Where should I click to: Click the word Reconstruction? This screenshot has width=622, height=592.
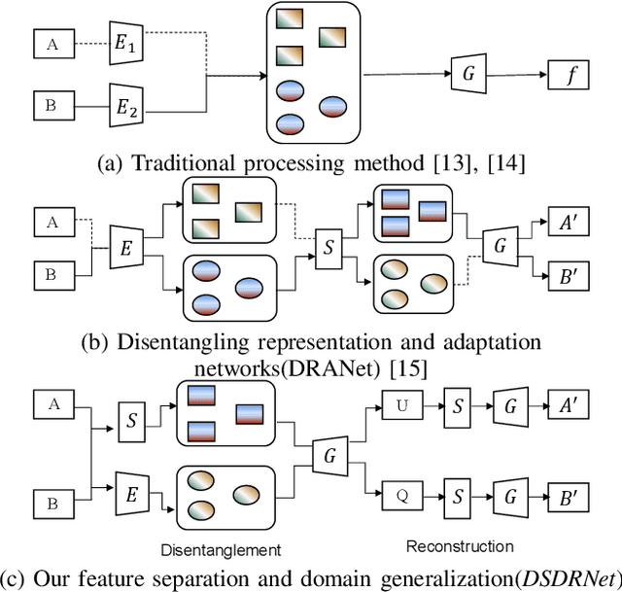pos(460,545)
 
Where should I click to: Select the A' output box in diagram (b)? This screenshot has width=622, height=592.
pos(566,223)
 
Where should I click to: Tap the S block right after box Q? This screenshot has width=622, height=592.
pos(456,495)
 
